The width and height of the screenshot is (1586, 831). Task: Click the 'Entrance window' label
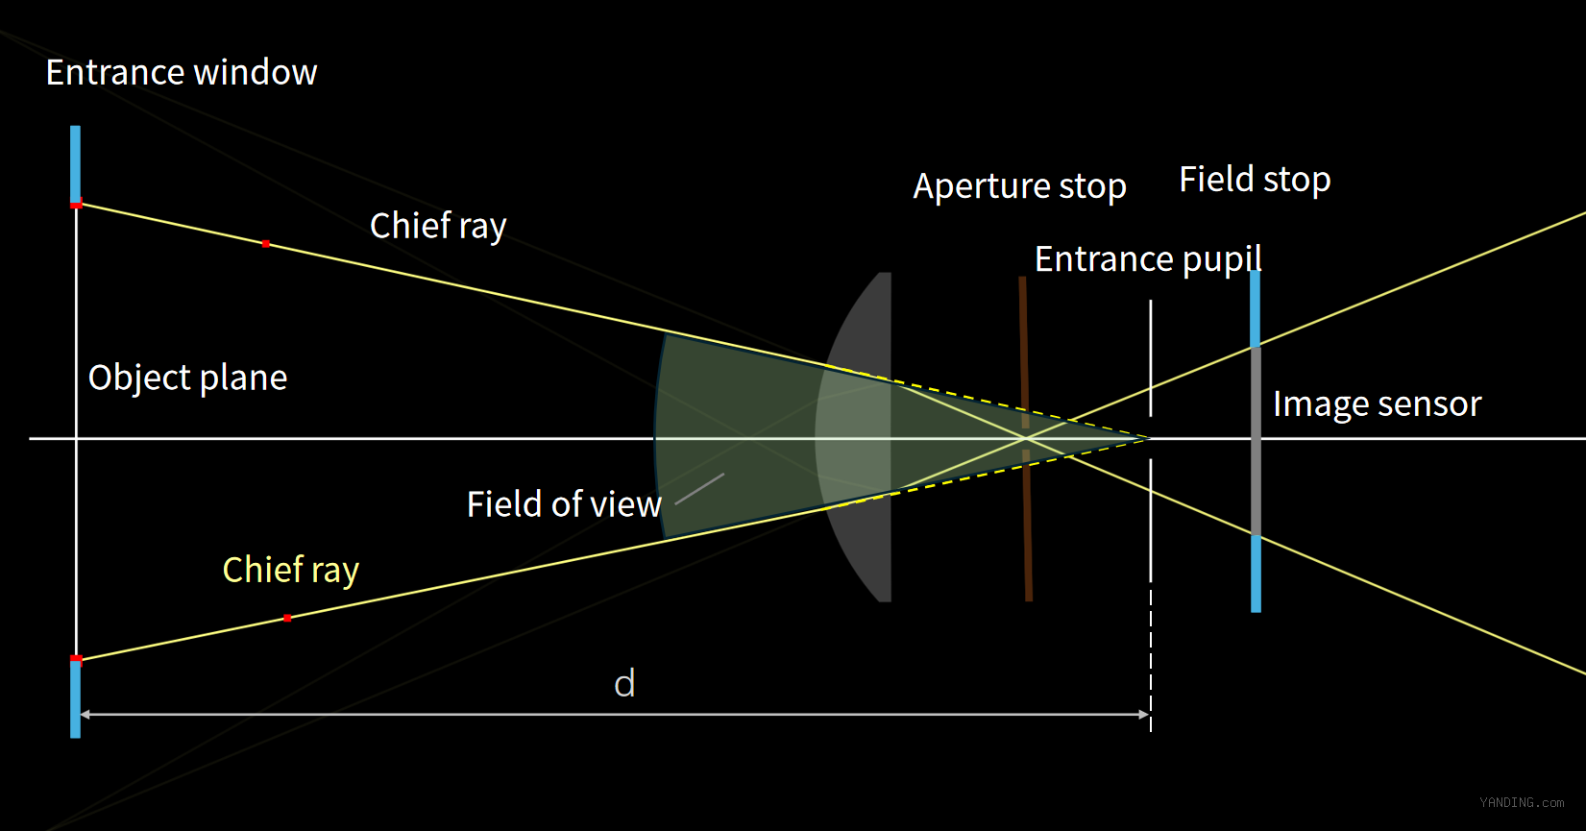(x=182, y=73)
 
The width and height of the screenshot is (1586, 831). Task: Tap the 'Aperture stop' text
(x=1019, y=187)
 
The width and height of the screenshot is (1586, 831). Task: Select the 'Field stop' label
(x=1255, y=179)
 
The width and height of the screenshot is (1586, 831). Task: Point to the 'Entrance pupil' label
(x=1148, y=259)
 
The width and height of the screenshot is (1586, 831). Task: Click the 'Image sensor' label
(x=1378, y=404)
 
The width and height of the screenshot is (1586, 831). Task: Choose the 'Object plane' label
(x=187, y=378)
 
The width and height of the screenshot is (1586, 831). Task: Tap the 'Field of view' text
(x=564, y=504)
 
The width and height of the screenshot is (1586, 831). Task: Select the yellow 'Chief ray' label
(x=291, y=571)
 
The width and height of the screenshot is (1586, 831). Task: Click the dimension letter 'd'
(x=624, y=684)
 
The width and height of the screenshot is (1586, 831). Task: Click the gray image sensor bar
(x=1256, y=441)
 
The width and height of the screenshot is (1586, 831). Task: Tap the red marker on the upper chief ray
(x=266, y=244)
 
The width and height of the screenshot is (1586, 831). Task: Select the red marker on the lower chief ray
(x=287, y=619)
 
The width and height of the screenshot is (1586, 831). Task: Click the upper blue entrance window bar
(x=75, y=164)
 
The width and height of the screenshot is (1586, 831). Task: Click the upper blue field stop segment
(x=1256, y=308)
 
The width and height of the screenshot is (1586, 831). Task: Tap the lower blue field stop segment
(x=1257, y=574)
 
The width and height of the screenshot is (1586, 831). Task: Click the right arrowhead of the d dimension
(x=1144, y=715)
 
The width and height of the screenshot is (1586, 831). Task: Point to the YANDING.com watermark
(x=1522, y=803)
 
